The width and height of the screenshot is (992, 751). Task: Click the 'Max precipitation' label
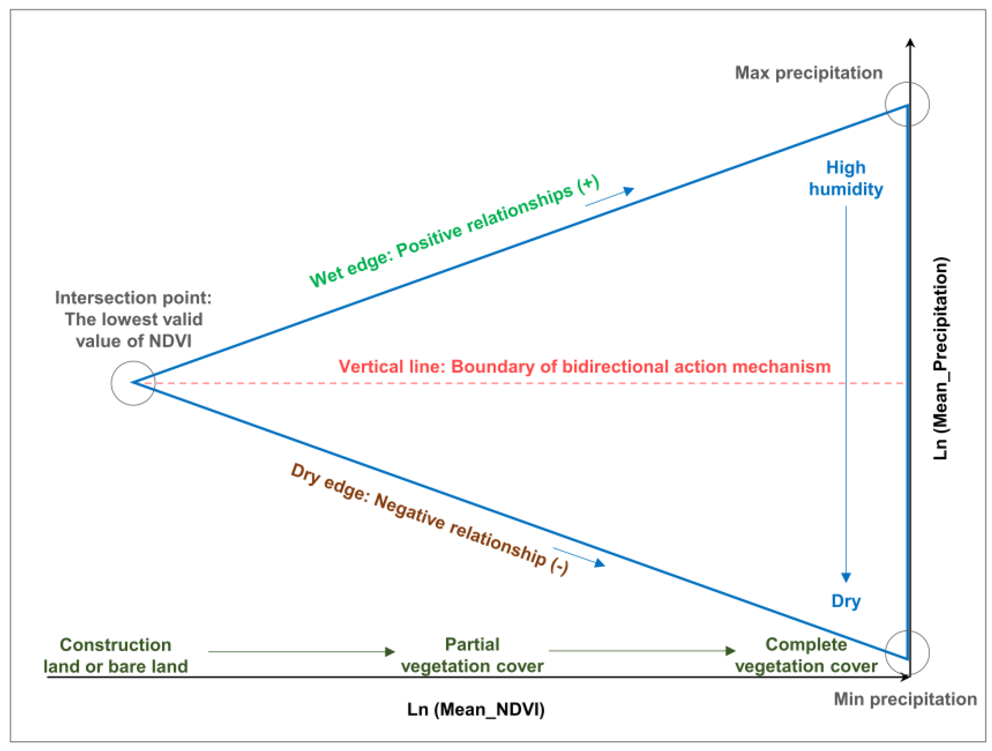point(808,73)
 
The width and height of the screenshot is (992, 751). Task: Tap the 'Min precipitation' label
point(905,699)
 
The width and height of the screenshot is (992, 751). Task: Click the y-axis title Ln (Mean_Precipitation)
point(940,358)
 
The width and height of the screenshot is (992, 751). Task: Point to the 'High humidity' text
point(846,178)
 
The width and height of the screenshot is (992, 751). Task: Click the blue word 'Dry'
point(846,601)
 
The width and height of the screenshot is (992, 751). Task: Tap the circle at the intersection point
point(133,383)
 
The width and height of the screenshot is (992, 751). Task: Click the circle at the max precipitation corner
point(907,104)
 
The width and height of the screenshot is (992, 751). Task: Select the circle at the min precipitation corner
point(907,653)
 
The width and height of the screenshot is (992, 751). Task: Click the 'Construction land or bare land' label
point(116,655)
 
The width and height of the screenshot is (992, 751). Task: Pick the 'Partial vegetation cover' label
point(472,655)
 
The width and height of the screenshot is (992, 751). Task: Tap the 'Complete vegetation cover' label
point(806,655)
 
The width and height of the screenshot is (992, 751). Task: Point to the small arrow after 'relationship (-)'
point(579,557)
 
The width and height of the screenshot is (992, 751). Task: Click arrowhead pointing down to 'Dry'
point(846,577)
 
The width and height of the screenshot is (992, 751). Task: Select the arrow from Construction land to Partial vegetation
point(301,651)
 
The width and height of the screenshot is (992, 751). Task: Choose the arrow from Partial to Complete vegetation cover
point(642,651)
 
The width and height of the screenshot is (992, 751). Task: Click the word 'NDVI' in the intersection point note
point(170,341)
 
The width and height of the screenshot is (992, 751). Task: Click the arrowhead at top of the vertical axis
point(910,43)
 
